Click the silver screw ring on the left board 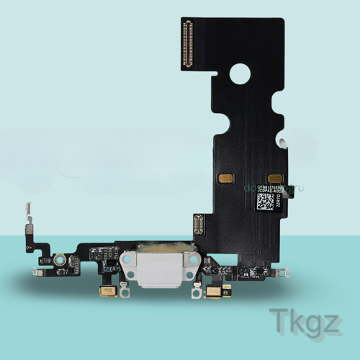click(x=63, y=258)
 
